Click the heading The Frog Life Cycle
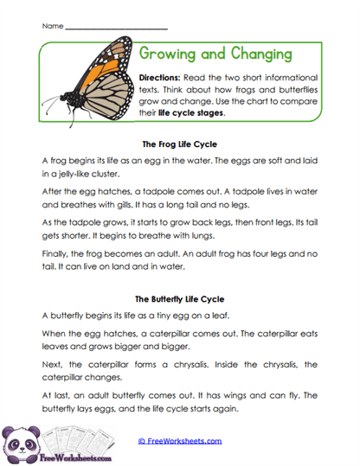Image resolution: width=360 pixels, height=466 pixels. (179, 144)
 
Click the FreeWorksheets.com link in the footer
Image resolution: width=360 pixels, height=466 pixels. (181, 441)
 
